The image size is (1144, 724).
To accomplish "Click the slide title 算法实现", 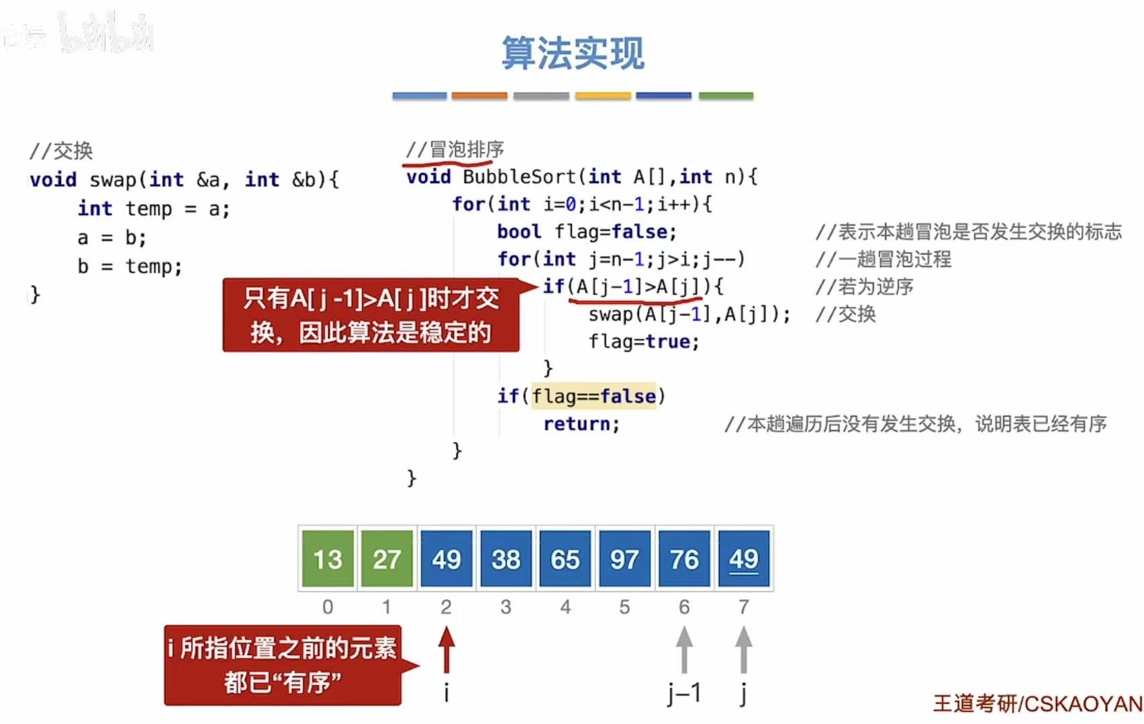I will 573,54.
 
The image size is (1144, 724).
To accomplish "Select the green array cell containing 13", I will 328,558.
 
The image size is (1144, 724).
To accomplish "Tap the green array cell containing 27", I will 387,558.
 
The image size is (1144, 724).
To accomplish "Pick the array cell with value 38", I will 506,558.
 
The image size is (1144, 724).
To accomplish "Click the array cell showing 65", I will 565,558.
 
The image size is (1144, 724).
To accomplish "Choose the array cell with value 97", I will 624,558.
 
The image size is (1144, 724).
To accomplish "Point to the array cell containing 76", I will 684,558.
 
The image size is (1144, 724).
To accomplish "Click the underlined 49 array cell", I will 743,558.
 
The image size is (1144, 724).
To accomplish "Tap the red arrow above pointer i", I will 446,649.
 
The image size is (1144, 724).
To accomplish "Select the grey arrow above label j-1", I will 684,649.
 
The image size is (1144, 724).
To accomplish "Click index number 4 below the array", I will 565,607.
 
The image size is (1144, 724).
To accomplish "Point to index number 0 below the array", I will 328,607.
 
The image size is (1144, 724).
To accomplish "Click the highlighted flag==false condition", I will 594,396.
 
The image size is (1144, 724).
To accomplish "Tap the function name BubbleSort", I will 519,177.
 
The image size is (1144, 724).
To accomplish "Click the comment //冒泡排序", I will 455,150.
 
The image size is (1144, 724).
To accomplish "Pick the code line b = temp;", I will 130,266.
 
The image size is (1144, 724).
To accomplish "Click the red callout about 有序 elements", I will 283,665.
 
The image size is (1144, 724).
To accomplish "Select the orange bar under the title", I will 479,96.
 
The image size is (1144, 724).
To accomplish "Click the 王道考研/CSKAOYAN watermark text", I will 1037,703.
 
